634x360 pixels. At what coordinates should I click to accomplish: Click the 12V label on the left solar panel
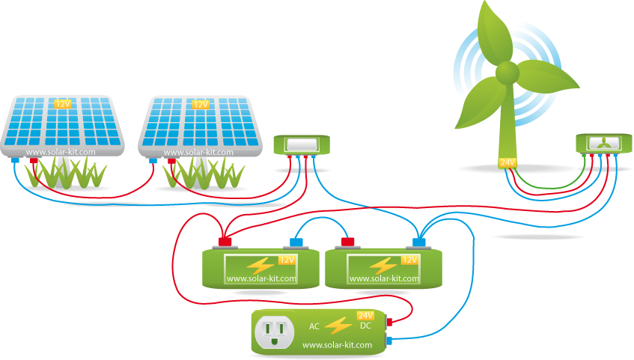[63, 104]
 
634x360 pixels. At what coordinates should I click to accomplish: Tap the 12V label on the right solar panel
[201, 104]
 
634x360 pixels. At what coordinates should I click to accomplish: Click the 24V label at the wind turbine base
[508, 162]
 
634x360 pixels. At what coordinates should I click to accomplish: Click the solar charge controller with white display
[302, 144]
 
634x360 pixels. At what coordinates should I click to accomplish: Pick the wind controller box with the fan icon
[602, 144]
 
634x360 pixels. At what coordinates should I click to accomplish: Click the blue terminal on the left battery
[295, 242]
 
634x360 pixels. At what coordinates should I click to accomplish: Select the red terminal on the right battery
[347, 242]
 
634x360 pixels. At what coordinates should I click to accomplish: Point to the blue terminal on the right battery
[418, 242]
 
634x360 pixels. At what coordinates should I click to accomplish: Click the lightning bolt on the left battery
[261, 265]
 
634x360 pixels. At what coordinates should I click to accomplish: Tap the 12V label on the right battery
[409, 260]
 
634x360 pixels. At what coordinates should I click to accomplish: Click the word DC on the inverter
[365, 327]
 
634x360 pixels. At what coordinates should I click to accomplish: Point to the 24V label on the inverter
[365, 315]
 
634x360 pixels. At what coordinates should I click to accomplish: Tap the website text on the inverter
[337, 345]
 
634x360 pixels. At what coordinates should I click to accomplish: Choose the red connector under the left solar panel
[33, 159]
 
